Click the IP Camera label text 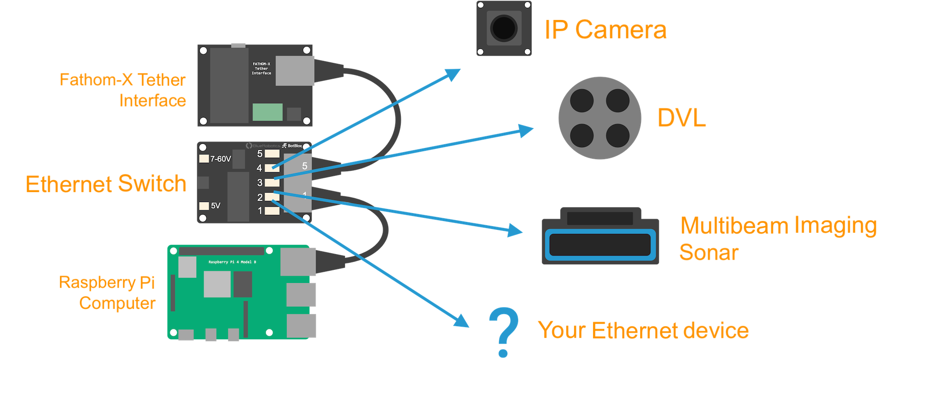click(x=605, y=30)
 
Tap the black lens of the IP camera click(x=504, y=28)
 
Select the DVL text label click(x=681, y=117)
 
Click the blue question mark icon click(x=504, y=331)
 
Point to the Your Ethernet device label click(x=643, y=331)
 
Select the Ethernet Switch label click(x=106, y=184)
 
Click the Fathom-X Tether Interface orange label click(x=123, y=90)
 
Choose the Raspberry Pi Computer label click(x=108, y=293)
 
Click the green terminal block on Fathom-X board click(x=267, y=112)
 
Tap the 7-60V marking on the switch click(x=220, y=159)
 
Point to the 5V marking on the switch click(x=215, y=206)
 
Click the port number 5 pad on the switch click(x=272, y=154)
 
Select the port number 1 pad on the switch click(x=272, y=211)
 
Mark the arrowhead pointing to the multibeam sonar click(x=515, y=230)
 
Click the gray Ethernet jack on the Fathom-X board click(x=295, y=71)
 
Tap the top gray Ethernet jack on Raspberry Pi click(x=298, y=262)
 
